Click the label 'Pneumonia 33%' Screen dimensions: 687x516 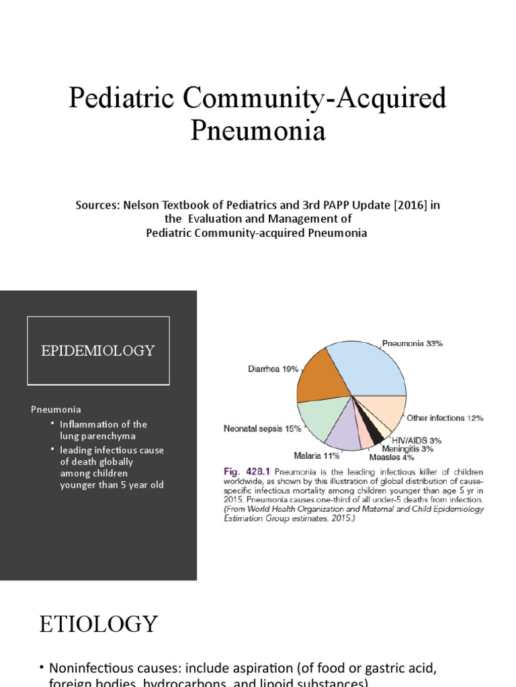[412, 343]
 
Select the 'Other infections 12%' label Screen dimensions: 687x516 [445, 418]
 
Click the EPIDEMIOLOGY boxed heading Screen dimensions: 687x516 [98, 351]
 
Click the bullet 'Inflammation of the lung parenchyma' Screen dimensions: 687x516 [103, 430]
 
